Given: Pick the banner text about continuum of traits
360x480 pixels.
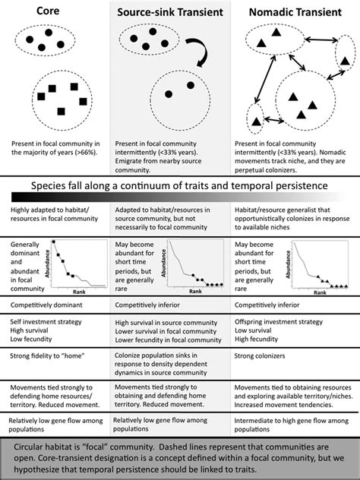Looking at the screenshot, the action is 179,186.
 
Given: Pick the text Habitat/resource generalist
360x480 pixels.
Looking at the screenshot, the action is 289,208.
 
